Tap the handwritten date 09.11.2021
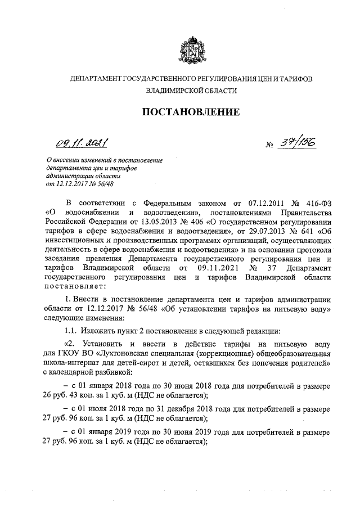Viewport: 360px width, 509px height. (x=82, y=143)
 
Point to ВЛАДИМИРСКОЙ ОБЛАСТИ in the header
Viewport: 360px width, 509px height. (x=191, y=90)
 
